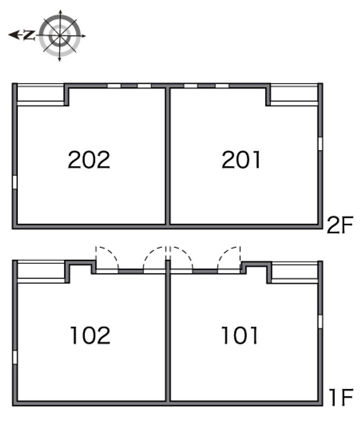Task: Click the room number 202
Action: pos(89,160)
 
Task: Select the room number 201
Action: pos(241,160)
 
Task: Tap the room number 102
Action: pos(90,335)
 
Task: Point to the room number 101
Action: pos(239,335)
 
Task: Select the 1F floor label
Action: pos(341,397)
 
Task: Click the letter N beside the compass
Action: pos(29,35)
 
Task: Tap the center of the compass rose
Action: pos(60,36)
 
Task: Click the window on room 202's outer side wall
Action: pos(14,182)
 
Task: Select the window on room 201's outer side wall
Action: pos(320,144)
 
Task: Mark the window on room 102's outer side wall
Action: pos(14,357)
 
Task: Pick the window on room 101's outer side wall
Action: pos(320,322)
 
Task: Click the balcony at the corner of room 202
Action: pos(41,94)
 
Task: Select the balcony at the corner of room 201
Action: pos(294,94)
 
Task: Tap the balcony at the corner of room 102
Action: pos(41,272)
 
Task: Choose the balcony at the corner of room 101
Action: pos(295,272)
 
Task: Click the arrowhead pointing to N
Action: pos(13,35)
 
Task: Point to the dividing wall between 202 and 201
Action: pos(168,156)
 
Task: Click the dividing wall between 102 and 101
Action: pos(168,331)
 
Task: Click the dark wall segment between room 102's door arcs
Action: pos(131,271)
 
